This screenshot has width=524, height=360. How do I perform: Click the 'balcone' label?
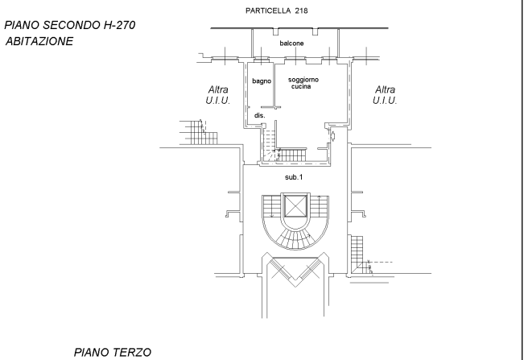click(x=291, y=43)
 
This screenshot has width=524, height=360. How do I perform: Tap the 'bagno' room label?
click(x=262, y=81)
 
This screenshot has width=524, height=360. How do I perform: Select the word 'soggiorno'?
click(x=303, y=80)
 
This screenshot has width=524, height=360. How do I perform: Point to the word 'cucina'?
click(x=301, y=86)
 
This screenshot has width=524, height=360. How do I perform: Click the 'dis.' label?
click(x=260, y=115)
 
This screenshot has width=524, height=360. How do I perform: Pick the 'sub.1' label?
click(x=294, y=177)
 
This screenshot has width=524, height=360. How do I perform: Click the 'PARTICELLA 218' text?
click(x=276, y=10)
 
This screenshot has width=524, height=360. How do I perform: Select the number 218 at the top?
click(x=301, y=10)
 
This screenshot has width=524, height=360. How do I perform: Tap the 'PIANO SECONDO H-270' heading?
click(x=69, y=25)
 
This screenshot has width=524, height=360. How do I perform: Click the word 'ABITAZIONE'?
click(x=39, y=41)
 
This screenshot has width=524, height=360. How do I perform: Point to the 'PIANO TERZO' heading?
click(x=113, y=352)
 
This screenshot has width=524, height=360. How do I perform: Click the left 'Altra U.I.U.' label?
click(x=218, y=95)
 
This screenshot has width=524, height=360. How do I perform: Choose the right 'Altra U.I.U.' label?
click(x=385, y=95)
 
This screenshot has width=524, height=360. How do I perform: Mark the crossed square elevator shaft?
click(x=295, y=206)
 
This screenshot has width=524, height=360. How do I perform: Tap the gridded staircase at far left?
click(x=199, y=133)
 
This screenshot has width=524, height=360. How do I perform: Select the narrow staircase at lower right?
click(x=359, y=254)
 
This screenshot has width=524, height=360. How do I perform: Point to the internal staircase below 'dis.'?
click(x=270, y=143)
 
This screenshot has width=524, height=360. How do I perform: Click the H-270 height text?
click(x=119, y=25)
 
